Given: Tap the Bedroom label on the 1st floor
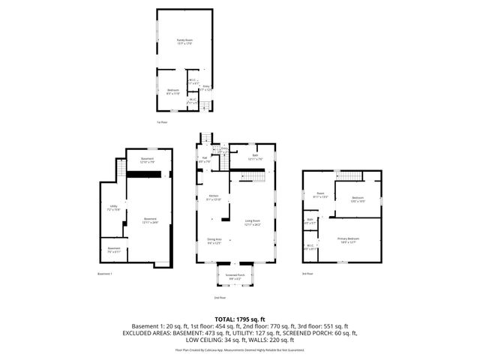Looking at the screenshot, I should click(x=173, y=91).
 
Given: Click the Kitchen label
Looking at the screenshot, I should click(x=214, y=198).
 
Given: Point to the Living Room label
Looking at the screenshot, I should click(x=252, y=222).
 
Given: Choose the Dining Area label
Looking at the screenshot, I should click(x=214, y=241).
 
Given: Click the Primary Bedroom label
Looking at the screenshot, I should click(x=348, y=240).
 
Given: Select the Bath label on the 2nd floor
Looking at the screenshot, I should click(x=244, y=156).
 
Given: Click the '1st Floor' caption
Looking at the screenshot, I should click(x=161, y=121).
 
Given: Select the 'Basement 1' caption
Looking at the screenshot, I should click(x=105, y=274).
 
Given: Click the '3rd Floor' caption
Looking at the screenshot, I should click(x=308, y=274).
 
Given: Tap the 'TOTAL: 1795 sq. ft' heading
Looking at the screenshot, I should click(x=240, y=319).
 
